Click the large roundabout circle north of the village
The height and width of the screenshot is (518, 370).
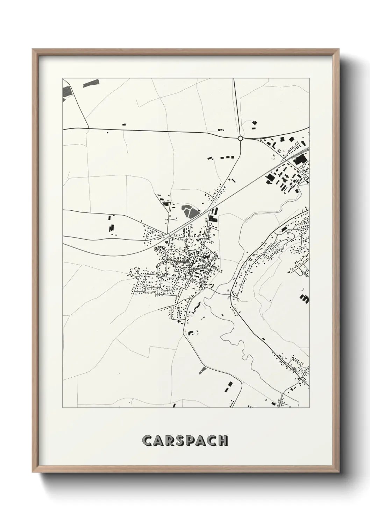(x=240, y=138)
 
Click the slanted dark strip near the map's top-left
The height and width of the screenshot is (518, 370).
(x=91, y=83)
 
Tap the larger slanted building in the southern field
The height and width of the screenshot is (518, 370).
(x=229, y=385)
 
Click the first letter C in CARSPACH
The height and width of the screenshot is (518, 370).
(x=148, y=441)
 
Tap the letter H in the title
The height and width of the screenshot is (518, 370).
(x=223, y=441)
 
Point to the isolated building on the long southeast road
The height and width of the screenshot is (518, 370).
(x=263, y=338)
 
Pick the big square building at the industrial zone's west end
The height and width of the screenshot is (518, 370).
(x=270, y=178)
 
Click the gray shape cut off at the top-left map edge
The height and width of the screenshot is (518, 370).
(x=66, y=92)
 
